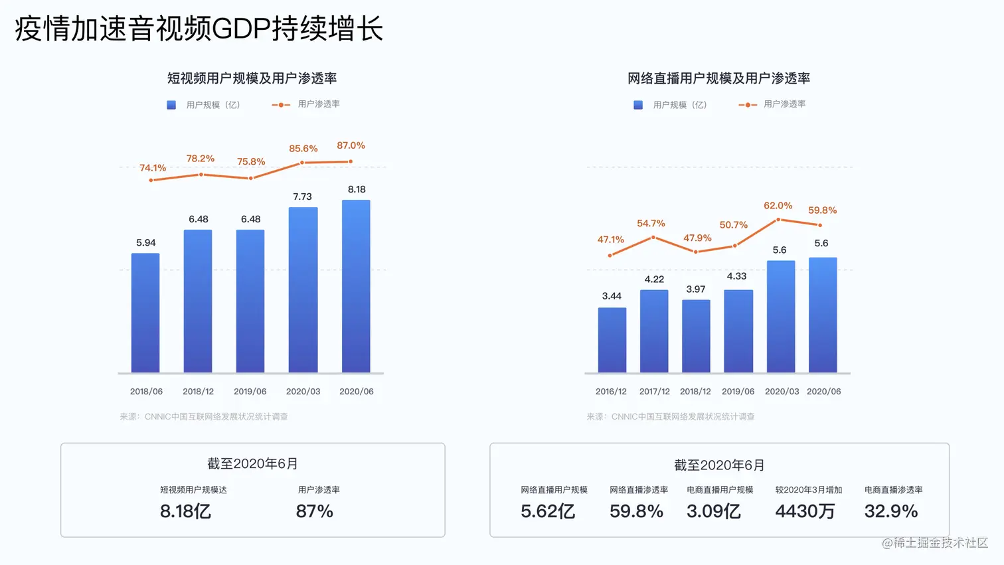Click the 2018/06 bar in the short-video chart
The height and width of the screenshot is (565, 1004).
click(x=145, y=313)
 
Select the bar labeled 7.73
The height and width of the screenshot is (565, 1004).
click(x=303, y=290)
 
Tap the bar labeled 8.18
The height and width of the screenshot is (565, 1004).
click(x=356, y=286)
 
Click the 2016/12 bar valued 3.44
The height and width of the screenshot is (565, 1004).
click(x=612, y=340)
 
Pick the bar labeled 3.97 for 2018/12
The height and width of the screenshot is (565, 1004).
click(x=696, y=336)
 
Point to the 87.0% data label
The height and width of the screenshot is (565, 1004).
click(x=351, y=145)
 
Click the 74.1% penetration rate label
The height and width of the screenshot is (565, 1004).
click(x=153, y=168)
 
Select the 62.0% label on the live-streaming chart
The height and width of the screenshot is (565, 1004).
click(x=778, y=206)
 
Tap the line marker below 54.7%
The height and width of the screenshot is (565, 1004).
click(x=653, y=237)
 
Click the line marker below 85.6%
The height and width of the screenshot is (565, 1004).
click(x=302, y=163)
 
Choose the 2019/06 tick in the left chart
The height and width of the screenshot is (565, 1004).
click(x=250, y=392)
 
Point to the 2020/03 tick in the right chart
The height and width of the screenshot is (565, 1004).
click(x=782, y=392)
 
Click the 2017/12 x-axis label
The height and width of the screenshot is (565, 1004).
click(x=654, y=392)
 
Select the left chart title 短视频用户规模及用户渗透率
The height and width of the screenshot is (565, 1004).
click(x=252, y=78)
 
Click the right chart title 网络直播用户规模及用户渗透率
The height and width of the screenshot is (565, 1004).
click(x=718, y=78)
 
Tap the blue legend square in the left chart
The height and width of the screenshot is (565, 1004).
click(x=171, y=105)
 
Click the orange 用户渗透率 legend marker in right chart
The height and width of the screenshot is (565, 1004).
click(x=747, y=105)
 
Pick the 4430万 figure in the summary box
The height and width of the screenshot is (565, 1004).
click(x=805, y=511)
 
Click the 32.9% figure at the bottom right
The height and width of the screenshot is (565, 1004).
click(x=890, y=511)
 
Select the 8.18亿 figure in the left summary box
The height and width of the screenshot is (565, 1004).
click(x=185, y=511)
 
